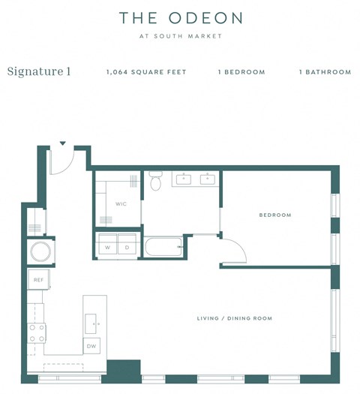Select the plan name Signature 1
pos(39,72)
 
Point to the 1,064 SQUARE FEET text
pos(146,73)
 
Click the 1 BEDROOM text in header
pos(241,73)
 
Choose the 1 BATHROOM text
pos(325,73)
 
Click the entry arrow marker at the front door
pos(63,143)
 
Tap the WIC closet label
pos(121,203)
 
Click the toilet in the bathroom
pos(156,182)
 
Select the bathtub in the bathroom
pos(164,247)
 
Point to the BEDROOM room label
pos(274,215)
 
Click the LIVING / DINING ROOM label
pos(234,318)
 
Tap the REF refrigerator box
pos(37,280)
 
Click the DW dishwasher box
pos(91,346)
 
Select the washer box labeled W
pos(107,247)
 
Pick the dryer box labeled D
pos(127,247)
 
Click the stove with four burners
pos(37,332)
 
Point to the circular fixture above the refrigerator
pos(40,250)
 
